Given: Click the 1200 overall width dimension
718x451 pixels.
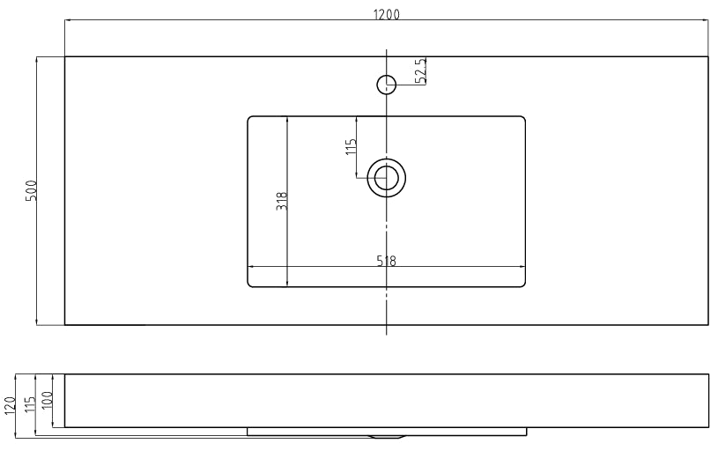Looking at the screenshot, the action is tap(387, 14).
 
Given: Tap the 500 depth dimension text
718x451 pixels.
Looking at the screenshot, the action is tap(30, 190).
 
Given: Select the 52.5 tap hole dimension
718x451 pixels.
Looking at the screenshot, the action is tap(421, 70).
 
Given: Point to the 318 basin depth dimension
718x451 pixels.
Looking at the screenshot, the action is tap(282, 201).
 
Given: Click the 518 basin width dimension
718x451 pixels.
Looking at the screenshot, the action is tap(386, 261).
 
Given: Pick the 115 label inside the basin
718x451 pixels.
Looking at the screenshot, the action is tap(351, 146).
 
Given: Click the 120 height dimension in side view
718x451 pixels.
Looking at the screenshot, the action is tap(9, 406).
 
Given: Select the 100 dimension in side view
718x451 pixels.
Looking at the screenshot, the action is tap(48, 400).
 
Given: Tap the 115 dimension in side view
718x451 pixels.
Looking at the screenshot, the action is tap(29, 404).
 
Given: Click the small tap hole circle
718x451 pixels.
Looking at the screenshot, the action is tap(387, 85).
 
